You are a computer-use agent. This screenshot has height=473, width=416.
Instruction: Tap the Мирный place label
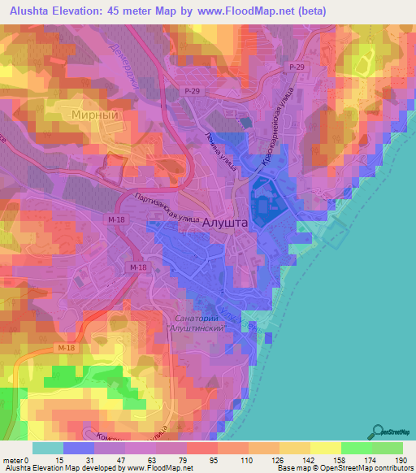coord(101,115)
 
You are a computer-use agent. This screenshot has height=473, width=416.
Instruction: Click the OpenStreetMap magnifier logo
coord(377,433)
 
